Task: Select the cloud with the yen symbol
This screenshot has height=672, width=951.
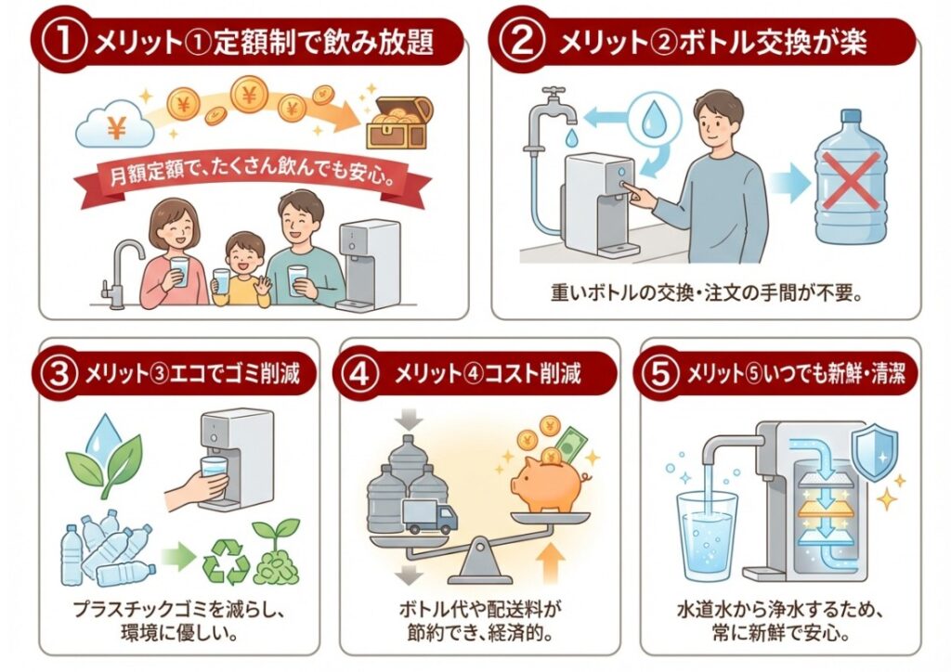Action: coord(115,127)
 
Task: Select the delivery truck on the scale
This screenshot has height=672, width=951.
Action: coord(427,516)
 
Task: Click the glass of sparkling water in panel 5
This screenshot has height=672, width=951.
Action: coord(708,536)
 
